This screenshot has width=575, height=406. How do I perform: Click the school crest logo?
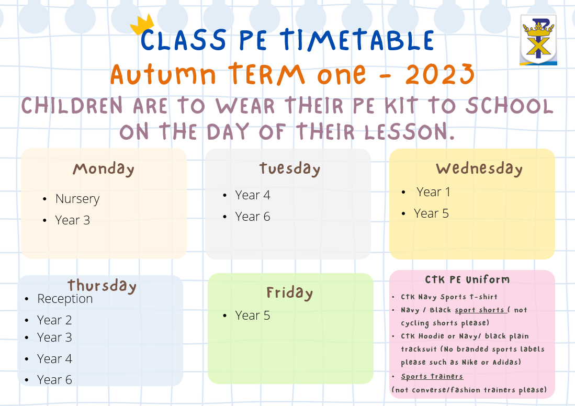[x=538, y=40]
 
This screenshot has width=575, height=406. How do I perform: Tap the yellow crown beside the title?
[x=142, y=24]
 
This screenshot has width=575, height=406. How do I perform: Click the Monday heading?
[x=104, y=169]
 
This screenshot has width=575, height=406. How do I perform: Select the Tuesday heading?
[x=290, y=168]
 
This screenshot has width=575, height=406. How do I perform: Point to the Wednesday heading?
[x=479, y=168]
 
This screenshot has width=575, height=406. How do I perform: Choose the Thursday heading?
[x=102, y=286]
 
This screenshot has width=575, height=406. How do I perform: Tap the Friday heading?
[x=290, y=292]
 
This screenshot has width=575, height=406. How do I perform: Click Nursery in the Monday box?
[x=77, y=199]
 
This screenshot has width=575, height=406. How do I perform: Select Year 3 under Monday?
[x=73, y=220]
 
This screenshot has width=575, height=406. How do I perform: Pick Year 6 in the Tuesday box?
[x=253, y=217]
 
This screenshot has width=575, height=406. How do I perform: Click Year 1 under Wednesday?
[x=433, y=192]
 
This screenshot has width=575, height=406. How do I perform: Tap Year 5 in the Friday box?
[x=253, y=315]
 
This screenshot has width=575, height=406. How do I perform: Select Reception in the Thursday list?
[x=65, y=299]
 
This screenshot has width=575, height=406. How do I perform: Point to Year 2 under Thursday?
[x=54, y=320]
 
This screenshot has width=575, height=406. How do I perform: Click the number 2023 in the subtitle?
[x=440, y=74]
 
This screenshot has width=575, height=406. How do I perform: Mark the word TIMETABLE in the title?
[x=357, y=40]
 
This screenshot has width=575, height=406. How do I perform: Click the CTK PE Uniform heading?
[x=468, y=279]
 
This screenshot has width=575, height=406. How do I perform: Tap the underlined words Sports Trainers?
[x=432, y=376]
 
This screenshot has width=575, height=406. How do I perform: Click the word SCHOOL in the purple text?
[x=510, y=106]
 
